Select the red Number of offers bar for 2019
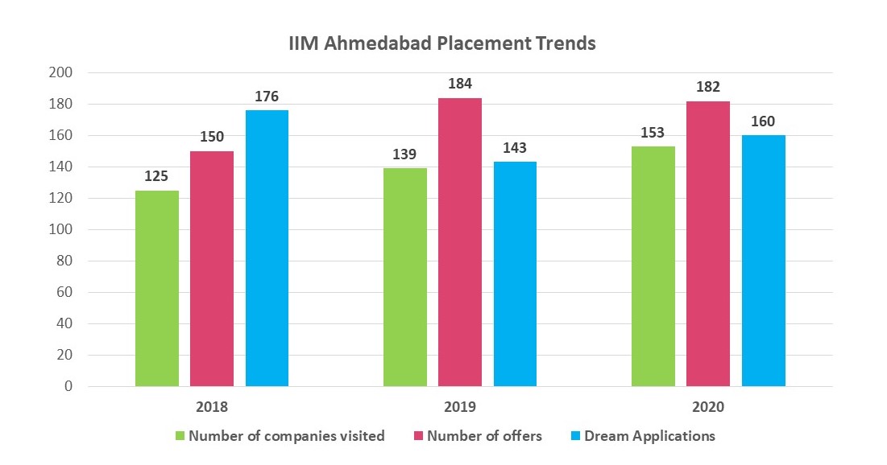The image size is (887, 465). (x=460, y=241)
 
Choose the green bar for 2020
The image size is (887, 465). (x=653, y=265)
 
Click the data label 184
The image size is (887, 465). (x=460, y=84)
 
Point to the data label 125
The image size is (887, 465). (x=157, y=176)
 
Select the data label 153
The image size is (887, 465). (x=653, y=132)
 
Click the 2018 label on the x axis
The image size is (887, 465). (x=212, y=408)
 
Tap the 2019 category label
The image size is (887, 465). (x=460, y=408)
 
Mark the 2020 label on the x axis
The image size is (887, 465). (x=708, y=408)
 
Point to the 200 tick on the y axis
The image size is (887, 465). (x=62, y=73)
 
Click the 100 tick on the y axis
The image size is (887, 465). (x=62, y=230)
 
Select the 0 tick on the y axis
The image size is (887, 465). (x=68, y=387)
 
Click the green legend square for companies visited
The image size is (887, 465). (x=180, y=437)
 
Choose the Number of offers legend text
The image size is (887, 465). (x=484, y=437)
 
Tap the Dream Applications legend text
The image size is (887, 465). (x=649, y=437)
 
